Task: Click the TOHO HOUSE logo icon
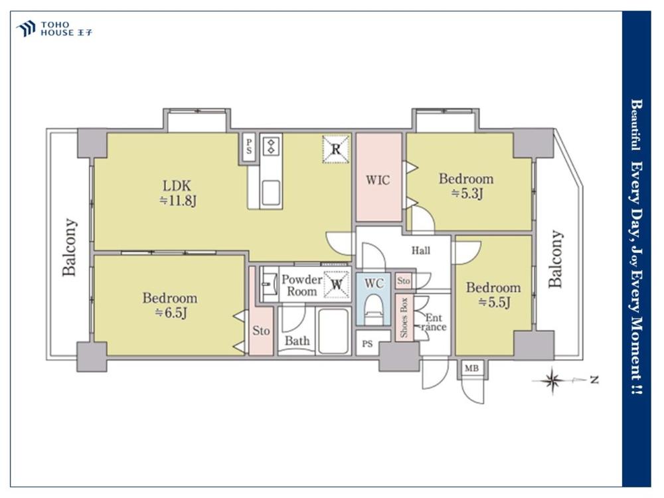[25, 29]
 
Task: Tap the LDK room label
[177, 185]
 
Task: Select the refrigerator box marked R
[336, 149]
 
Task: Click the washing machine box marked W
[337, 284]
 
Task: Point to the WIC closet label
[378, 180]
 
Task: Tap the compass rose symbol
[552, 380]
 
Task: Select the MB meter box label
[471, 369]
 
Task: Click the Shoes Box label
[404, 317]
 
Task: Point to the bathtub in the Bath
[333, 331]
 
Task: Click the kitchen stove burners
[271, 147]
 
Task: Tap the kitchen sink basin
[271, 193]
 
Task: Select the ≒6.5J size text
[170, 313]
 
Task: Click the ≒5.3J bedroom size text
[467, 194]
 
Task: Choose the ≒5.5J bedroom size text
[494, 302]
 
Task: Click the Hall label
[421, 251]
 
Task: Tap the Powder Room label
[302, 286]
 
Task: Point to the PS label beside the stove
[248, 147]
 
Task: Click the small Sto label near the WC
[404, 281]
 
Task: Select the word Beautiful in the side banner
[636, 125]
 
